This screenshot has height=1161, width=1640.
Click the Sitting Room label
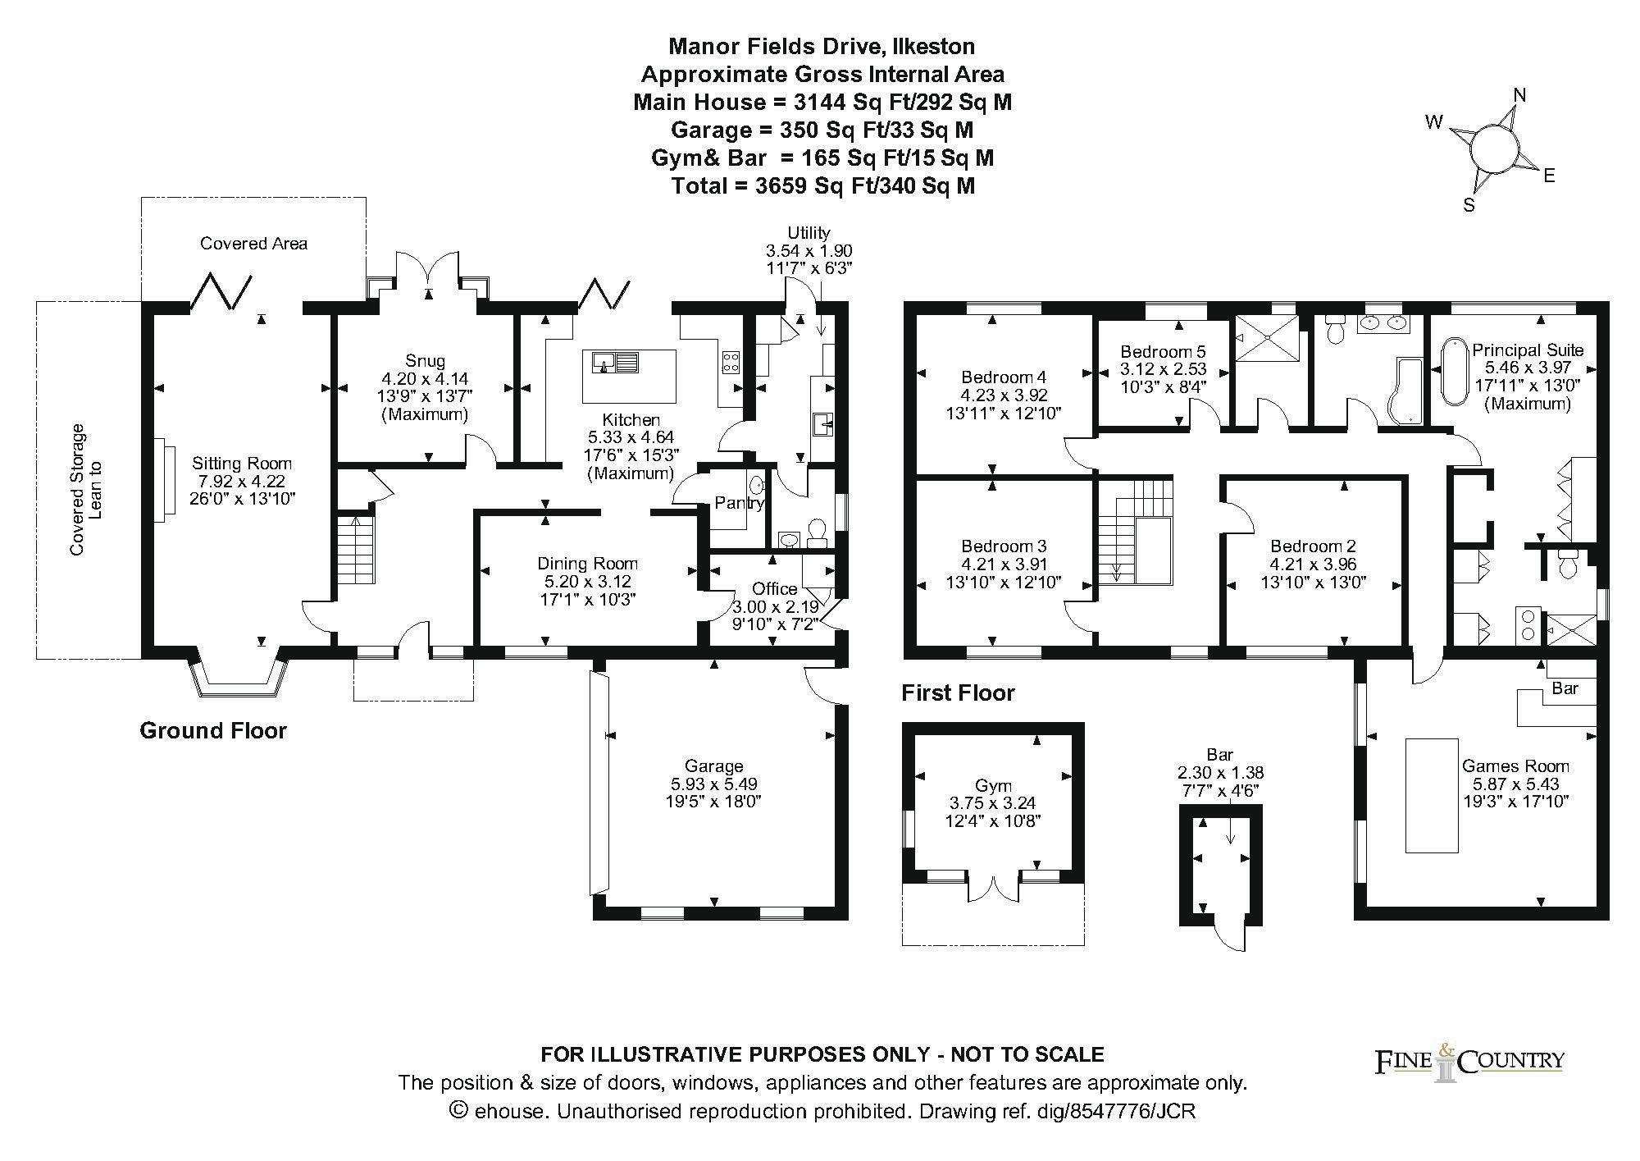pyautogui.click(x=242, y=464)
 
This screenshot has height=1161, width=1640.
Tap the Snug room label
pyautogui.click(x=425, y=360)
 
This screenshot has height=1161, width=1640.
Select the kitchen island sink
pyautogui.click(x=613, y=362)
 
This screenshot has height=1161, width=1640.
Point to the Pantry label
pyautogui.click(x=740, y=503)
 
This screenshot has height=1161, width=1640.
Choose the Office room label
pyautogui.click(x=774, y=588)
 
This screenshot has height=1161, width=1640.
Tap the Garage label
pyautogui.click(x=713, y=766)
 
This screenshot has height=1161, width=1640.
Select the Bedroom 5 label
pyautogui.click(x=1164, y=352)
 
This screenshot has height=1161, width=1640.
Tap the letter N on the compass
pyautogui.click(x=1519, y=95)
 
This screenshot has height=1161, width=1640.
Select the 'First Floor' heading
pyautogui.click(x=958, y=693)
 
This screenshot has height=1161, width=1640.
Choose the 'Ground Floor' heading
pyautogui.click(x=213, y=730)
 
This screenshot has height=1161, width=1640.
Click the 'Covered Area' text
pyautogui.click(x=254, y=244)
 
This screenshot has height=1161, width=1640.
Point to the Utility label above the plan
pyautogui.click(x=809, y=233)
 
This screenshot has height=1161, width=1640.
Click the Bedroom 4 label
pyautogui.click(x=1004, y=377)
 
